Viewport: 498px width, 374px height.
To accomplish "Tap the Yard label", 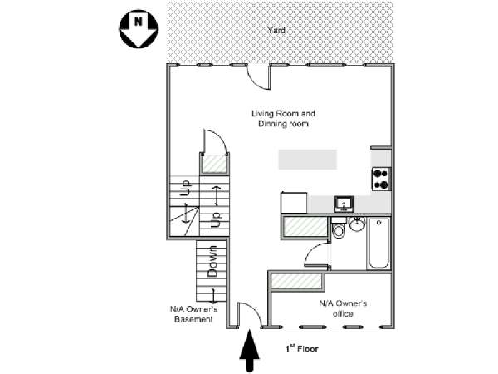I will pos(276,31).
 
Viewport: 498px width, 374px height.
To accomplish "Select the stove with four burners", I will pos(381,180).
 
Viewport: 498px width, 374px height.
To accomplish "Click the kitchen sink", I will pos(344,204).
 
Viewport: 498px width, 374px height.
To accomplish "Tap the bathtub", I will pos(379,243).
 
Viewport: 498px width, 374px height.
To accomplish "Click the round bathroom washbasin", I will pos(358,224).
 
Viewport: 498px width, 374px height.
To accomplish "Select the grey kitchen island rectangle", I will pos(307,159).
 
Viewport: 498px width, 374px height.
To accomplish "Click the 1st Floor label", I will pos(301,350).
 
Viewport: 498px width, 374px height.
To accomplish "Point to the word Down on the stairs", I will pos(212,261).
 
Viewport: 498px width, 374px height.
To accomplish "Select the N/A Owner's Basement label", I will pos(193,314).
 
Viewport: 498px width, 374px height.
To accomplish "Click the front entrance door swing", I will pos(249,314).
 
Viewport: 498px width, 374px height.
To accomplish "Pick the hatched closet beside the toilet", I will pos(305,227).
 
